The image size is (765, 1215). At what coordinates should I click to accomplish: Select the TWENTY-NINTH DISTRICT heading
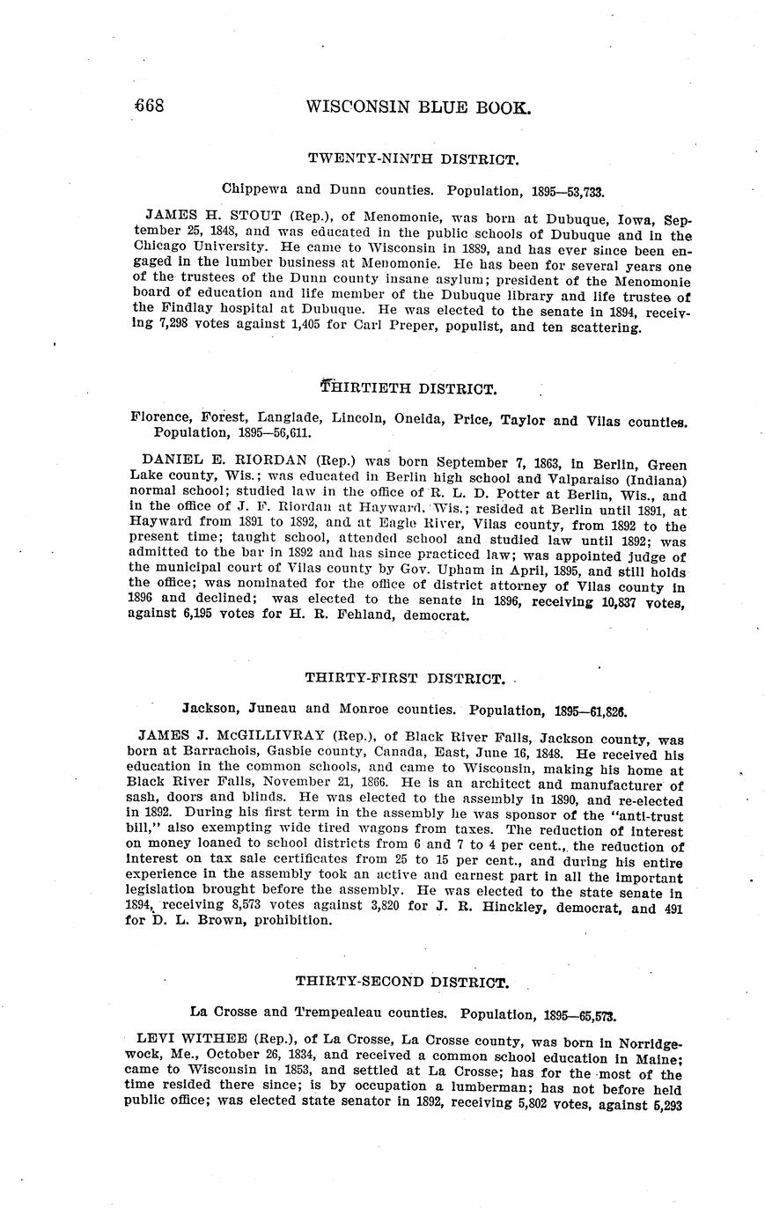tap(412, 159)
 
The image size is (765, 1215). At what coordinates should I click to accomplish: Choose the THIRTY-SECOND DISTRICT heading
tap(401, 981)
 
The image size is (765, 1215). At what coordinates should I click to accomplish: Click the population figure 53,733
tap(578, 189)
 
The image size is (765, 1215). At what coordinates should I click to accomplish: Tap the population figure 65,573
tap(591, 1012)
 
